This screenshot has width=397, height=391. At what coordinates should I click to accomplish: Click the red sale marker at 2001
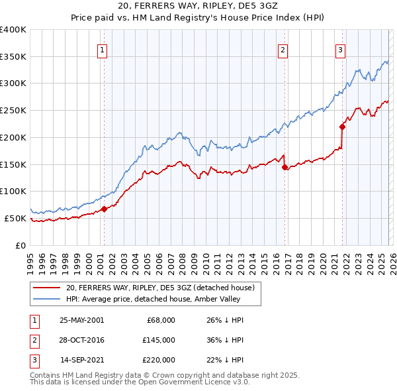point(105,209)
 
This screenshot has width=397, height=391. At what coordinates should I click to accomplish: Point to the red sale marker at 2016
point(285,168)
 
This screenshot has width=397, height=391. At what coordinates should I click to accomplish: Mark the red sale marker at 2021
point(342,127)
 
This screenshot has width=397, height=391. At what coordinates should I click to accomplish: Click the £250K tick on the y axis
point(13,110)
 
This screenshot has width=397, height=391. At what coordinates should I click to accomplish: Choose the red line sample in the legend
point(46,288)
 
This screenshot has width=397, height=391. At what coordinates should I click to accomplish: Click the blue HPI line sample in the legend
point(46,299)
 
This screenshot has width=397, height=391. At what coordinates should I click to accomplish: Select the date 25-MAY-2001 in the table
point(81,320)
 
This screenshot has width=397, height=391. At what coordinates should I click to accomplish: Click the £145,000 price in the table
point(159,340)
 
